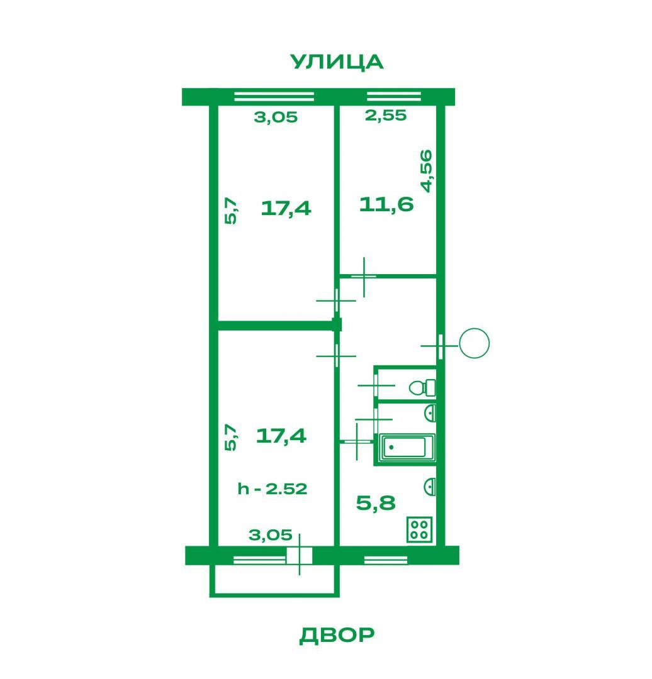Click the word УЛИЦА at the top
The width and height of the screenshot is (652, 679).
coord(337,62)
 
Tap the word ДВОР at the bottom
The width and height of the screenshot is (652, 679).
coord(337,635)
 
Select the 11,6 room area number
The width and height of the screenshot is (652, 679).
coord(386,204)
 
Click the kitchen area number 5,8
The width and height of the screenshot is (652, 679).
coord(376,503)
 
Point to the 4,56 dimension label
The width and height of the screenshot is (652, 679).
coord(427,170)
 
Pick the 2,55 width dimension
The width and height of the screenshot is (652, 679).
coord(386,115)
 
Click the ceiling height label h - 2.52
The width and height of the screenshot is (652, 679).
coord(273,489)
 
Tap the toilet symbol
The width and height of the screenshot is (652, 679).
coord(422,387)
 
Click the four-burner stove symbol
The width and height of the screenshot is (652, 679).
coord(419,529)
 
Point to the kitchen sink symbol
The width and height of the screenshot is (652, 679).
coord(430,486)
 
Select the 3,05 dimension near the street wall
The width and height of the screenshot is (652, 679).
coord(276,117)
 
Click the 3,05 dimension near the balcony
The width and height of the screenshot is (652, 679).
coord(271,535)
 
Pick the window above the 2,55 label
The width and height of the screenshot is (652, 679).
coord(393,96)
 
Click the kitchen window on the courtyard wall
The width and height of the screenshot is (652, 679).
coord(386,560)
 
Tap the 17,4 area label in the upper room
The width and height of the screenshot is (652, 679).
coord(286,208)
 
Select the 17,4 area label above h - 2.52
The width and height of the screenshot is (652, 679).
coord(281,436)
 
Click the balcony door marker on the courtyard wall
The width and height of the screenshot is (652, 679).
coord(299,555)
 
